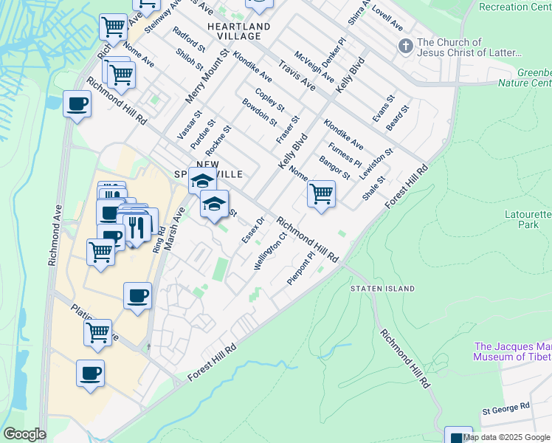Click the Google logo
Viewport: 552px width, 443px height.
[x=24, y=434]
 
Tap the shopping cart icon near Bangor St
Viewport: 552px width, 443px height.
[x=321, y=194]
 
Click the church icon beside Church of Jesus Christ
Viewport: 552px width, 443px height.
[x=404, y=47]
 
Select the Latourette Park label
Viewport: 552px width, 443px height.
[x=524, y=219]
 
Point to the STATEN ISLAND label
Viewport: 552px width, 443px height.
[x=382, y=288]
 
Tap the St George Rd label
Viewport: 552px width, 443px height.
[x=506, y=407]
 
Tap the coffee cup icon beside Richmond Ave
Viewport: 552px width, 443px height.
[x=77, y=106]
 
